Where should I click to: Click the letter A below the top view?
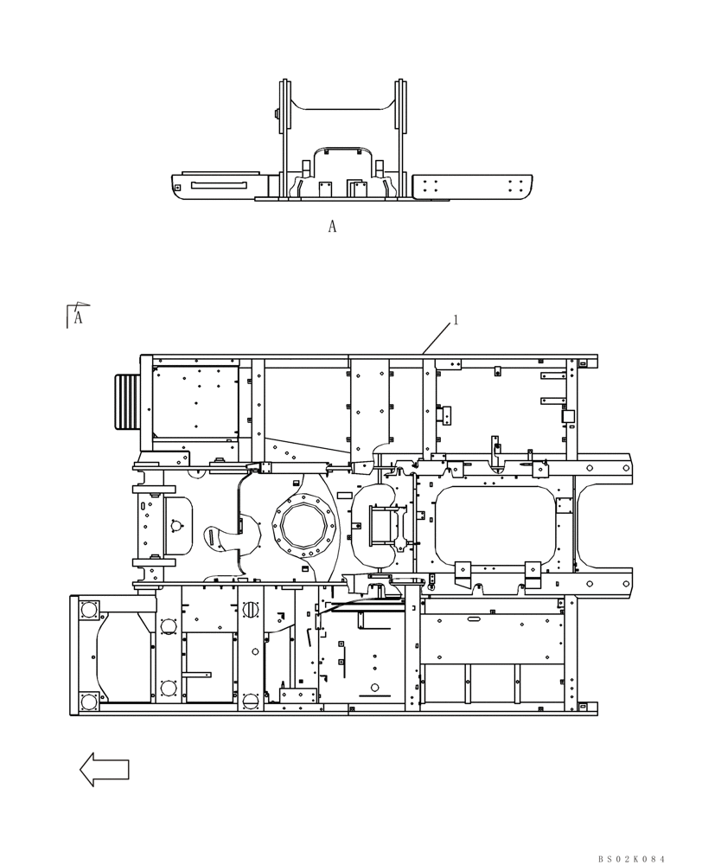pos(332,227)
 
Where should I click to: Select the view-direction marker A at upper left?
pos(78,317)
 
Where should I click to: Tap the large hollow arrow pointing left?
pos(105,769)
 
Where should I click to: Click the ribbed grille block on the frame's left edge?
pos(127,402)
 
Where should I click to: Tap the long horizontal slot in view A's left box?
pos(220,185)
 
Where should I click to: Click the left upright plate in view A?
pos(284,138)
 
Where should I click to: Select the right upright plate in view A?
pos(401,138)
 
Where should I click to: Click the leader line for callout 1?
pos(437,337)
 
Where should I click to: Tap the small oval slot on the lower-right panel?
pos(474,621)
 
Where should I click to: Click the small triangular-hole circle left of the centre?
pos(175,525)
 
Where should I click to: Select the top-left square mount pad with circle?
pos(87,610)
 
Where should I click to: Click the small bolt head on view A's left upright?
pos(276,113)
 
